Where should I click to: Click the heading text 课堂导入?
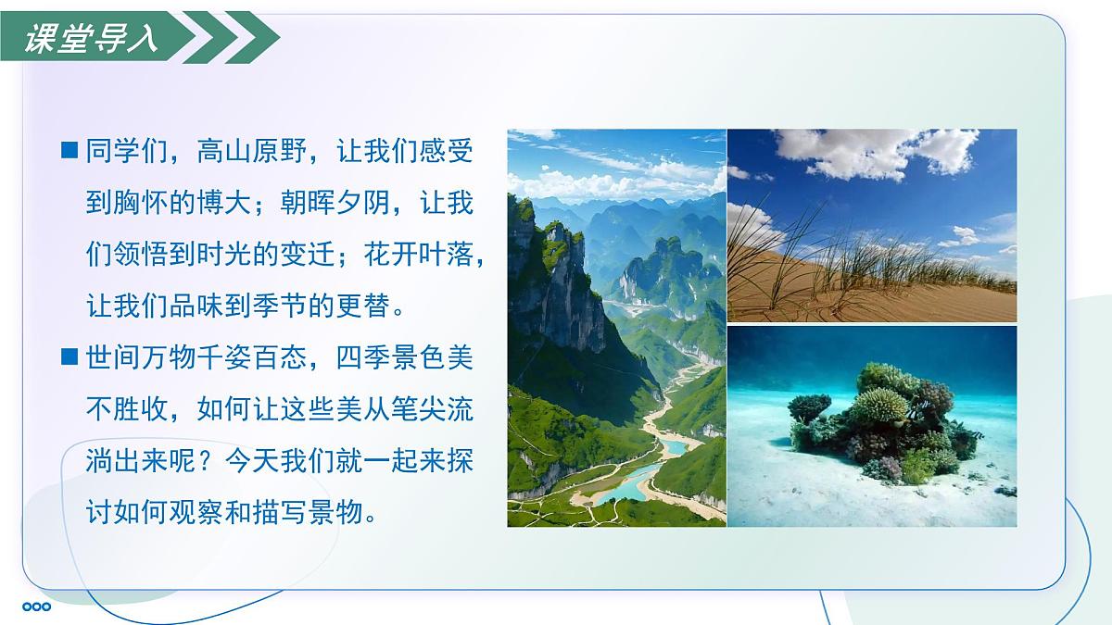[91, 39]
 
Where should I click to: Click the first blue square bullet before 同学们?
[69, 150]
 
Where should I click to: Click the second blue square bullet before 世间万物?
[69, 356]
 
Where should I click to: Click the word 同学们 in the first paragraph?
[126, 151]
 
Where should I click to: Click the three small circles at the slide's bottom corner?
[36, 607]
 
